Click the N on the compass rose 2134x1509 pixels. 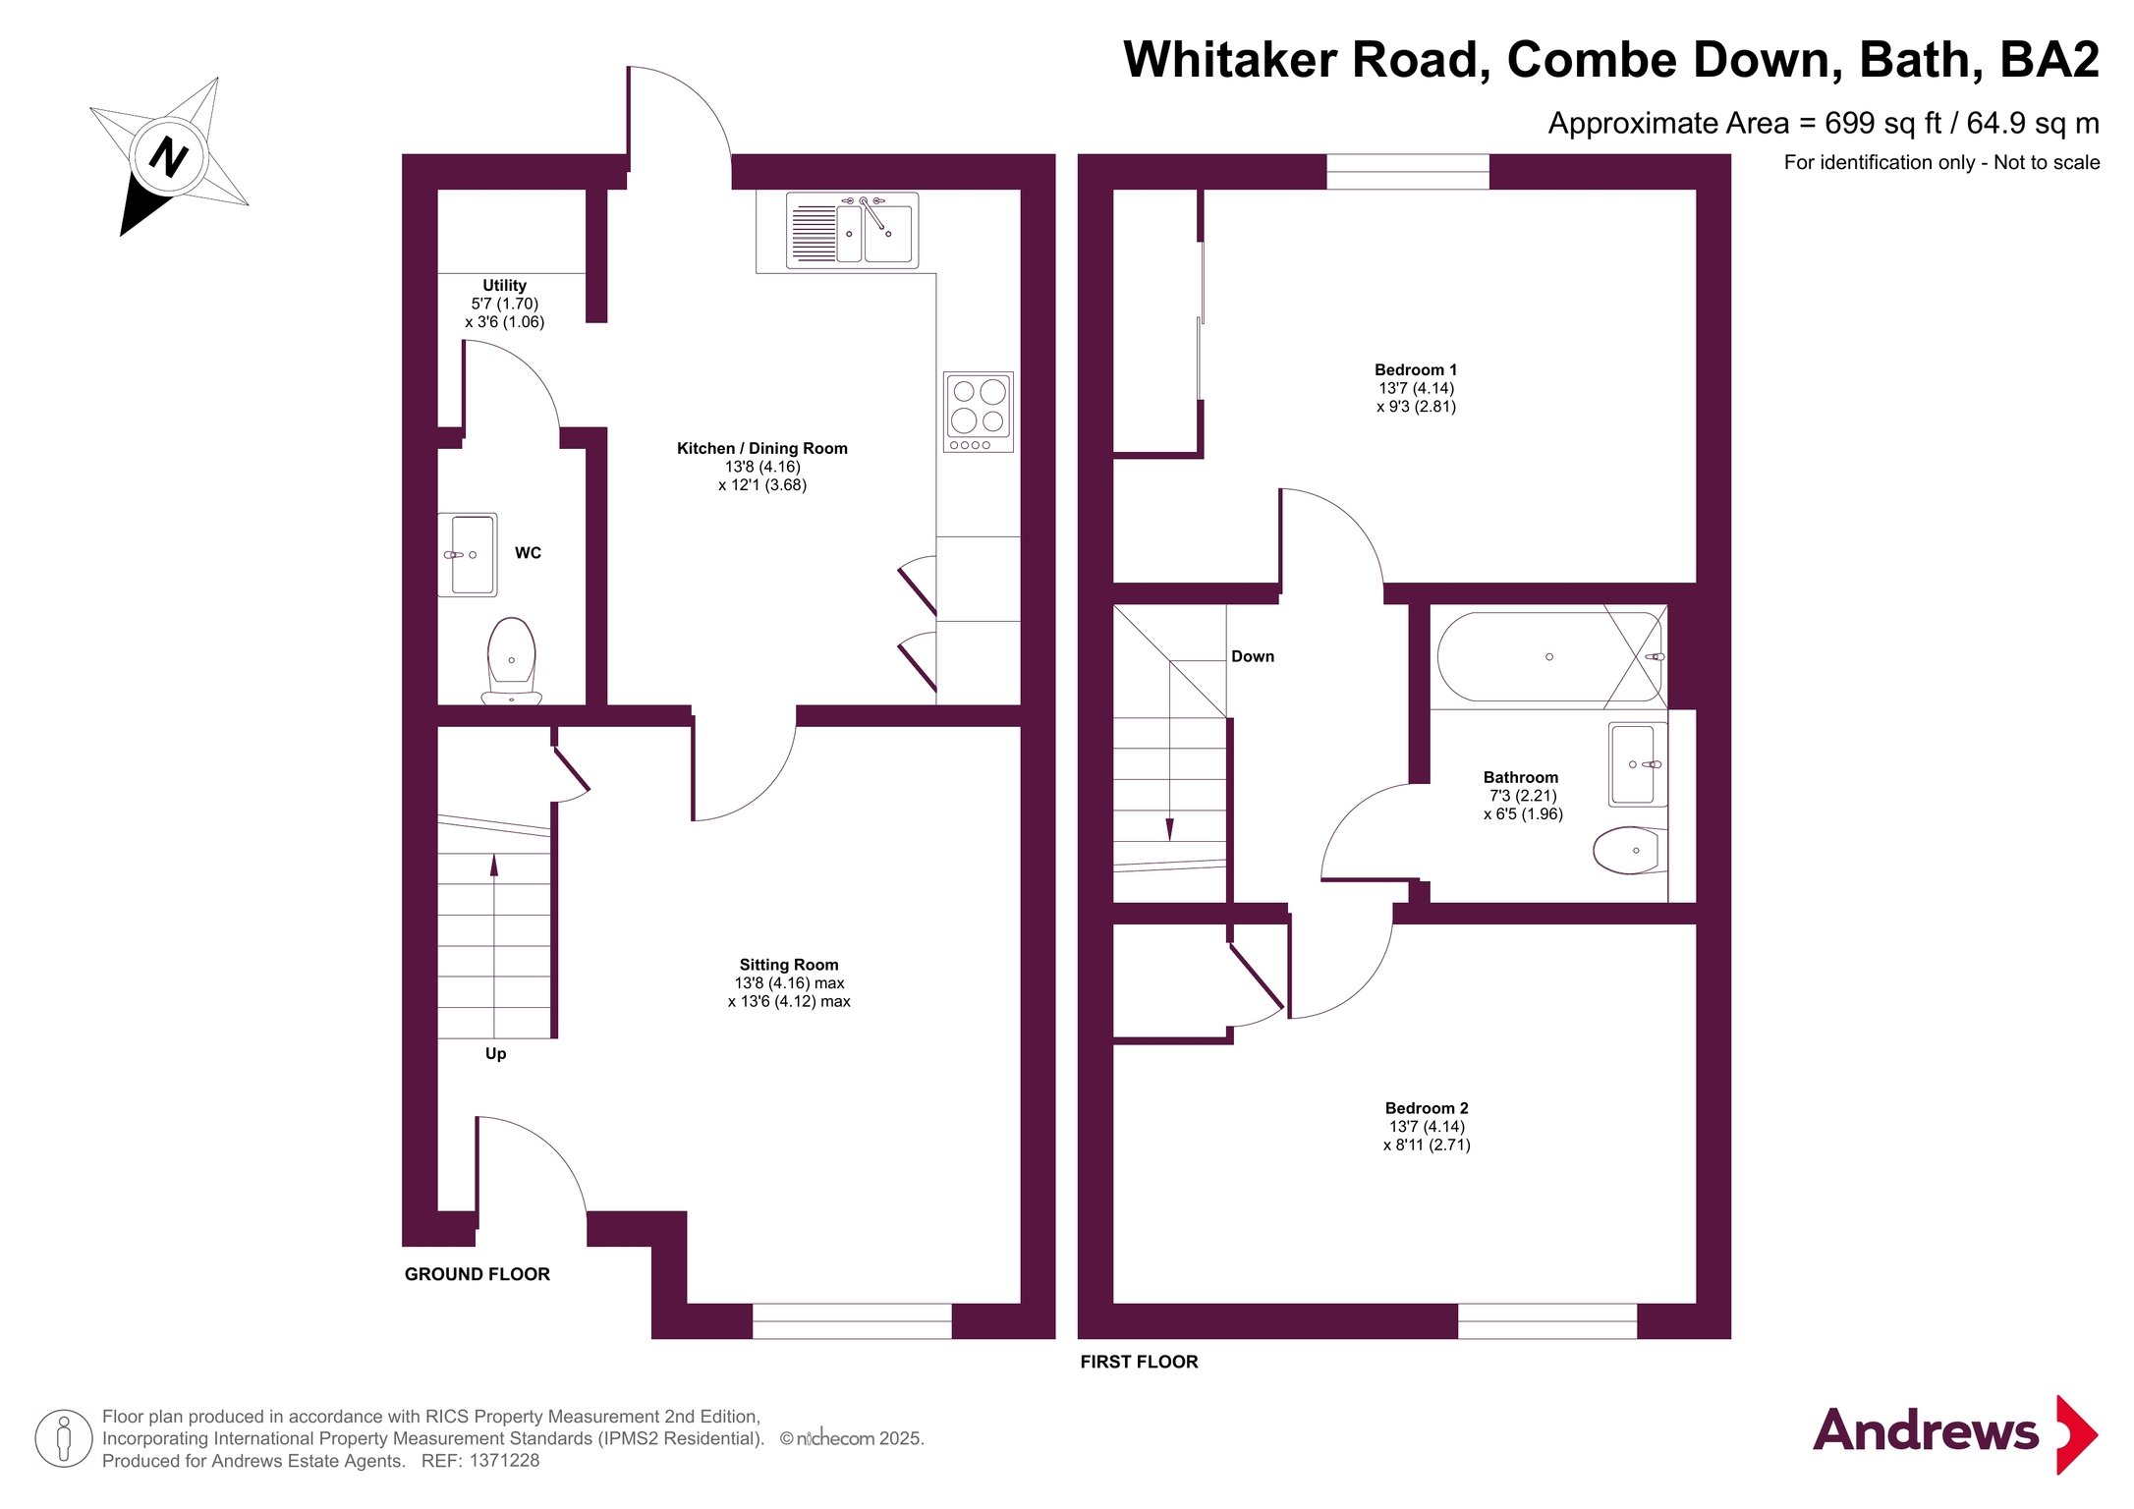tap(169, 156)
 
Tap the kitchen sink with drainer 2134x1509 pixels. tap(852, 230)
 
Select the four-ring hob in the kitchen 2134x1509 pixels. tap(978, 412)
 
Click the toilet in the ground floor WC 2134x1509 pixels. tap(511, 660)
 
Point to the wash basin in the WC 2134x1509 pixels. tap(468, 555)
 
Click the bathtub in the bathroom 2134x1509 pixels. tap(1549, 656)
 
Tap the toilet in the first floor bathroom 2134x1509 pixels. tap(1629, 851)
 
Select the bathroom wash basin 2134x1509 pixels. tap(1637, 764)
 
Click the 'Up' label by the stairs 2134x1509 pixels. tap(496, 1054)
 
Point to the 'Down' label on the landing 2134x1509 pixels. tap(1253, 656)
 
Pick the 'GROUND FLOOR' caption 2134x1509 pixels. tap(477, 1274)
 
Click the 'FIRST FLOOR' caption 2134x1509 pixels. tap(1140, 1362)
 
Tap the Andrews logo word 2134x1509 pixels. tap(1926, 1431)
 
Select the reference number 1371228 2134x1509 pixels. tap(504, 1461)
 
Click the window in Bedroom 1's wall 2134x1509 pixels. tap(1408, 171)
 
